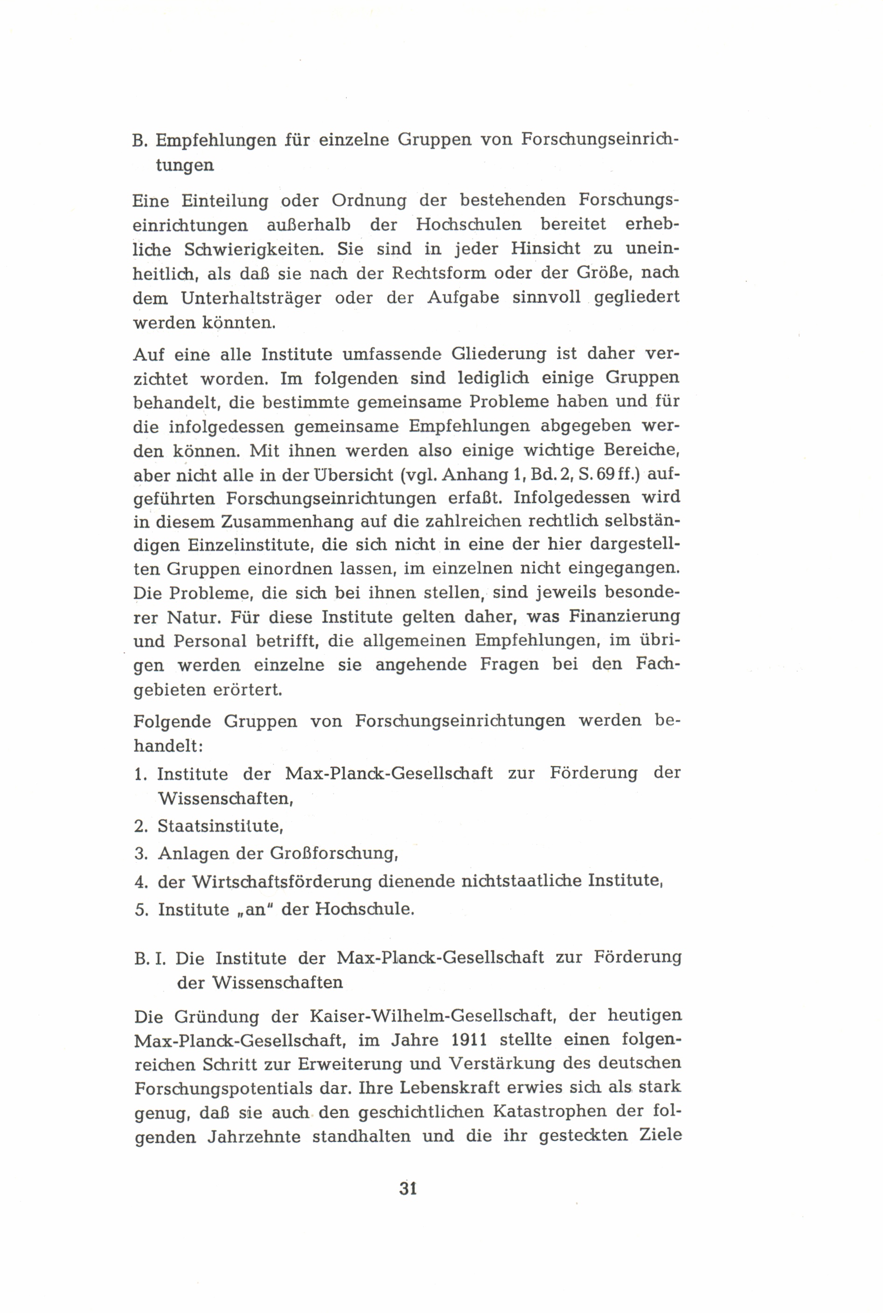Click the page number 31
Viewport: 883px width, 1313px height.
click(408, 1188)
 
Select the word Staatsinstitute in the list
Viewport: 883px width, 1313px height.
click(220, 826)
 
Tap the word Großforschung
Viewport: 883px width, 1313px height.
click(334, 853)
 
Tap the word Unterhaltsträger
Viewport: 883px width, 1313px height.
click(250, 297)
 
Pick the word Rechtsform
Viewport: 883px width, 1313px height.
click(431, 273)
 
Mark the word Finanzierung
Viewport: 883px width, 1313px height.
click(624, 616)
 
